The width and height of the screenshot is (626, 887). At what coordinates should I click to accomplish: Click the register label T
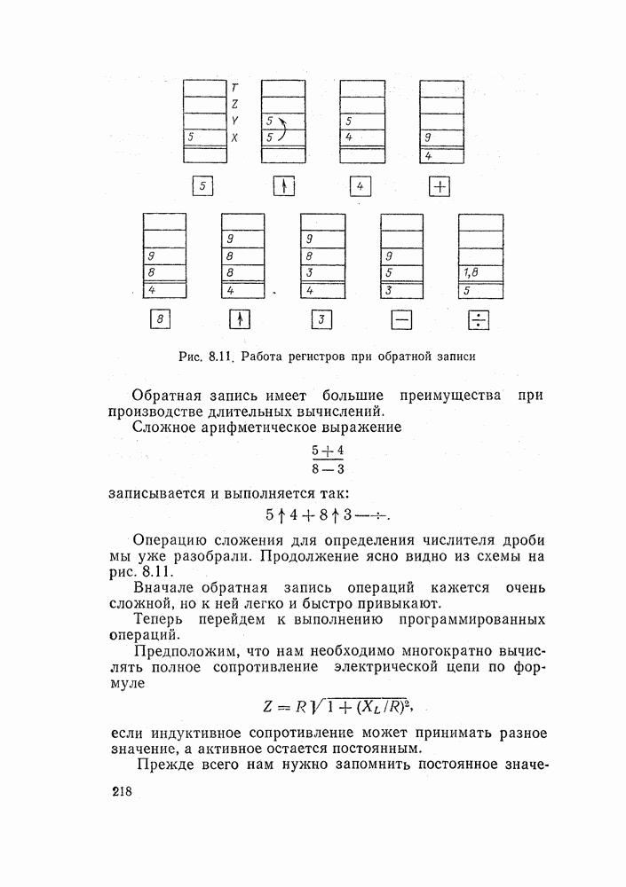pos(234,88)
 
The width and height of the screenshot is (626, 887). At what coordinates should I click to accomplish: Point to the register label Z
pos(234,105)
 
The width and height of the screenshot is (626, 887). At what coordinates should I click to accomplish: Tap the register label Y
pos(234,122)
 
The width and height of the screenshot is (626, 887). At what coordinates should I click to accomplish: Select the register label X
pos(234,138)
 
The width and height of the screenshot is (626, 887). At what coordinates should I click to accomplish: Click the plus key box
pos(441,186)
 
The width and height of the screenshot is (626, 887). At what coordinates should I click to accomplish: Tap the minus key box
pos(401,320)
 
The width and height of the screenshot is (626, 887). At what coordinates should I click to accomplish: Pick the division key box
pos(480,320)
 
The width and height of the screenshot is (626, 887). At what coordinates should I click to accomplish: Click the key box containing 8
pos(159,320)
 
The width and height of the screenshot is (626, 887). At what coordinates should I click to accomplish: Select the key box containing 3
pos(321,320)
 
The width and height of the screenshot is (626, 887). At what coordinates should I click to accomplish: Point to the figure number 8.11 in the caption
pos(219,357)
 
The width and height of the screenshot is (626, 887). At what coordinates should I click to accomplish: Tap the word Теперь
pos(159,619)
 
